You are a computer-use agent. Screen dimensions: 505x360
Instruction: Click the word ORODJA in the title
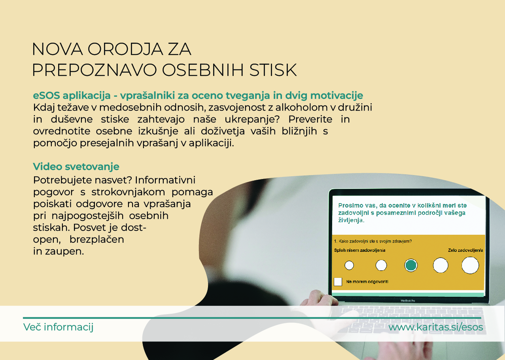pos(125,49)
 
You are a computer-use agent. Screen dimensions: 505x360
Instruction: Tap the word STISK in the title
pos(273,70)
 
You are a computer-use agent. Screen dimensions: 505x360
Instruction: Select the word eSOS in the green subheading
pos(46,96)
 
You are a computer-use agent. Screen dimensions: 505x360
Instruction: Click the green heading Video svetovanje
pos(76,166)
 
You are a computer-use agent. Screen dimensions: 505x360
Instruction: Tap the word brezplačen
pos(97,239)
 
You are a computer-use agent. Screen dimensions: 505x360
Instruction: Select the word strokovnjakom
pos(128,192)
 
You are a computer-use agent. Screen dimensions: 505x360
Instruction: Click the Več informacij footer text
pos(58,327)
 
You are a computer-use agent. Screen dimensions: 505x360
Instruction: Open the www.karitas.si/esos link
pos(435,327)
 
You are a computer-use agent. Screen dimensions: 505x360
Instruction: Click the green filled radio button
pos(411,265)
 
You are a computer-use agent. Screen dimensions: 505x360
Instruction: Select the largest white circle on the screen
pos(470,266)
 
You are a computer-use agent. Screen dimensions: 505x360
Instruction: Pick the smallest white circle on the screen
pos(349,265)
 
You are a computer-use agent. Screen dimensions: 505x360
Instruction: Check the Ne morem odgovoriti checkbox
pos(338,282)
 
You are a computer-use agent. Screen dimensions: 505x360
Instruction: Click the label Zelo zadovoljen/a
pos(465,250)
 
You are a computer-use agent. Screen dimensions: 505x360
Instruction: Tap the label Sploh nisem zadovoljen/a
pos(359,250)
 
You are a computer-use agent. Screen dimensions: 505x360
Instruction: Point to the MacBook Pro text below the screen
pos(408,301)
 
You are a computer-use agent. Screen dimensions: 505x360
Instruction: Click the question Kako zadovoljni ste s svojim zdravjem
pos(373,241)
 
